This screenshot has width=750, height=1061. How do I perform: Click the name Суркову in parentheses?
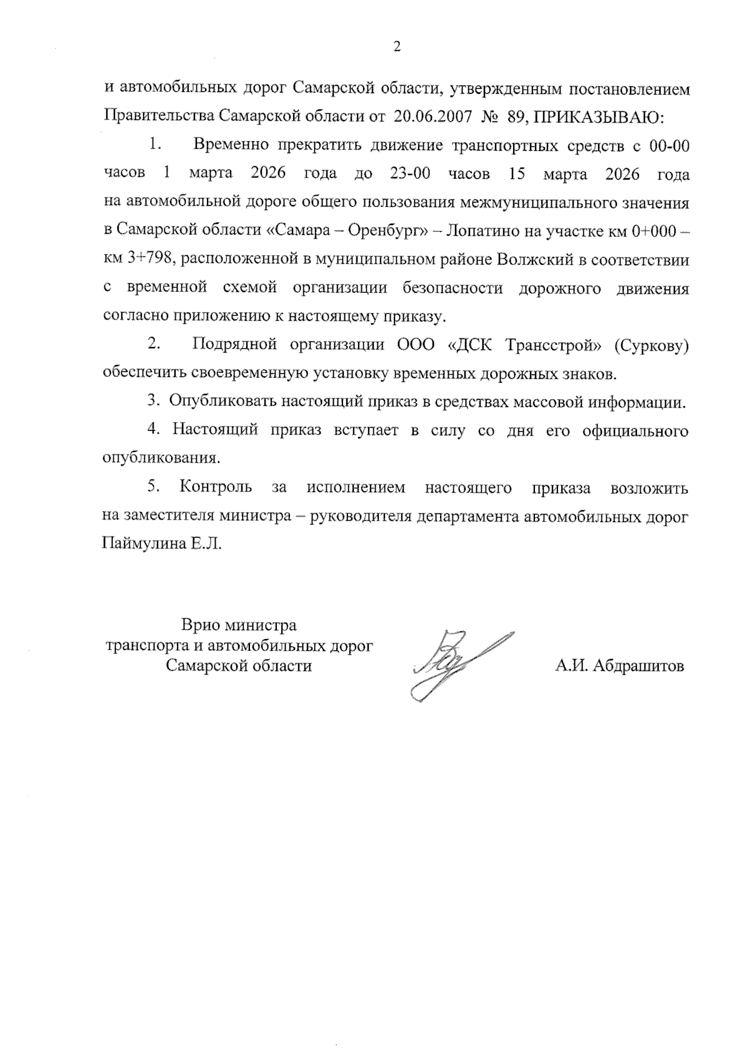click(x=652, y=345)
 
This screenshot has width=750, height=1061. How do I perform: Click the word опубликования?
click(x=161, y=458)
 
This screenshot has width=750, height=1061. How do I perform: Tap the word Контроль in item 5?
click(x=216, y=487)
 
